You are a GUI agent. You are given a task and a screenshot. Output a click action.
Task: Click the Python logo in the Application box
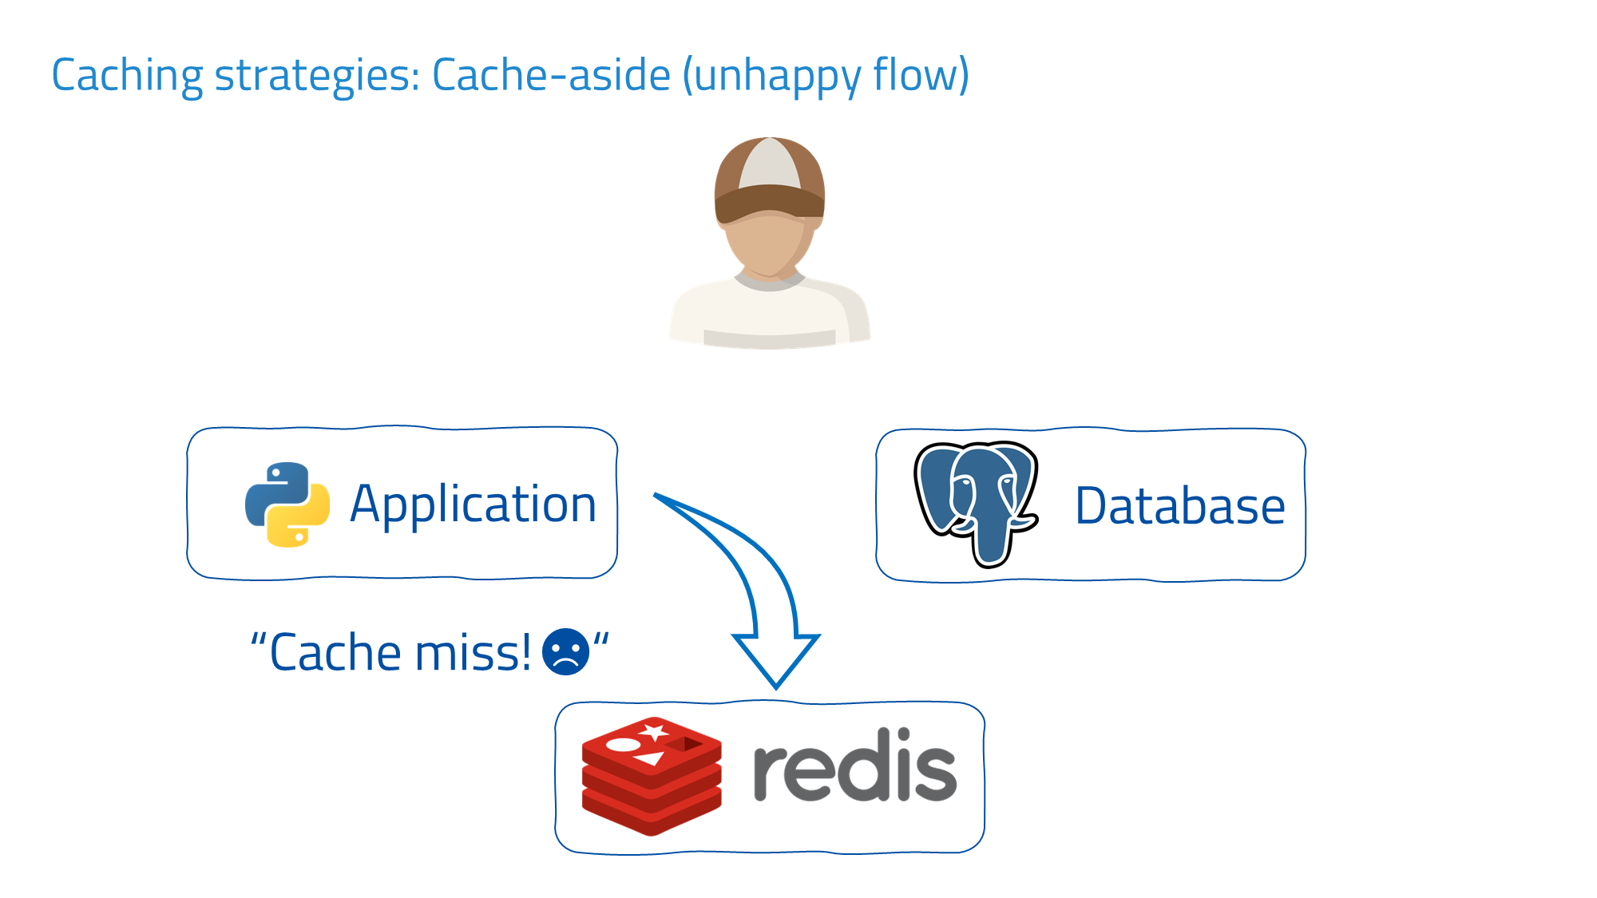click(x=287, y=504)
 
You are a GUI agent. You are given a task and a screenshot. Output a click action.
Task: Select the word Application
click(x=473, y=504)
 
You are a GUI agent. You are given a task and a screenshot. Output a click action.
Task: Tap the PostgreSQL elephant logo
click(x=976, y=503)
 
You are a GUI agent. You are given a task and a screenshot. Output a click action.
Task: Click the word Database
click(x=1179, y=506)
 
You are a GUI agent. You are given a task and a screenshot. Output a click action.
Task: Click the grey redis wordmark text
click(x=854, y=766)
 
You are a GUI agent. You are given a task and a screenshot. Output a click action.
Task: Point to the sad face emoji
click(x=565, y=652)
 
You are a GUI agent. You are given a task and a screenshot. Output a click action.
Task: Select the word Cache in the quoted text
click(x=335, y=653)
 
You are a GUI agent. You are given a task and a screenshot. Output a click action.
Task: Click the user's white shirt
click(x=768, y=315)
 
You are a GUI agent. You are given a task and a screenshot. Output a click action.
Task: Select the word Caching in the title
click(x=127, y=76)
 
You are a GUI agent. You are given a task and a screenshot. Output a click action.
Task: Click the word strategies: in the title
click(x=317, y=76)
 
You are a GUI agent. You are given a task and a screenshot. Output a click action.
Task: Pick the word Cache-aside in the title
click(x=551, y=76)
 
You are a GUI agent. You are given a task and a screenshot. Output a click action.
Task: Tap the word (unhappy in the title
click(x=771, y=76)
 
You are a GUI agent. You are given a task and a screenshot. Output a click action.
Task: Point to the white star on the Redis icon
click(x=656, y=730)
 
